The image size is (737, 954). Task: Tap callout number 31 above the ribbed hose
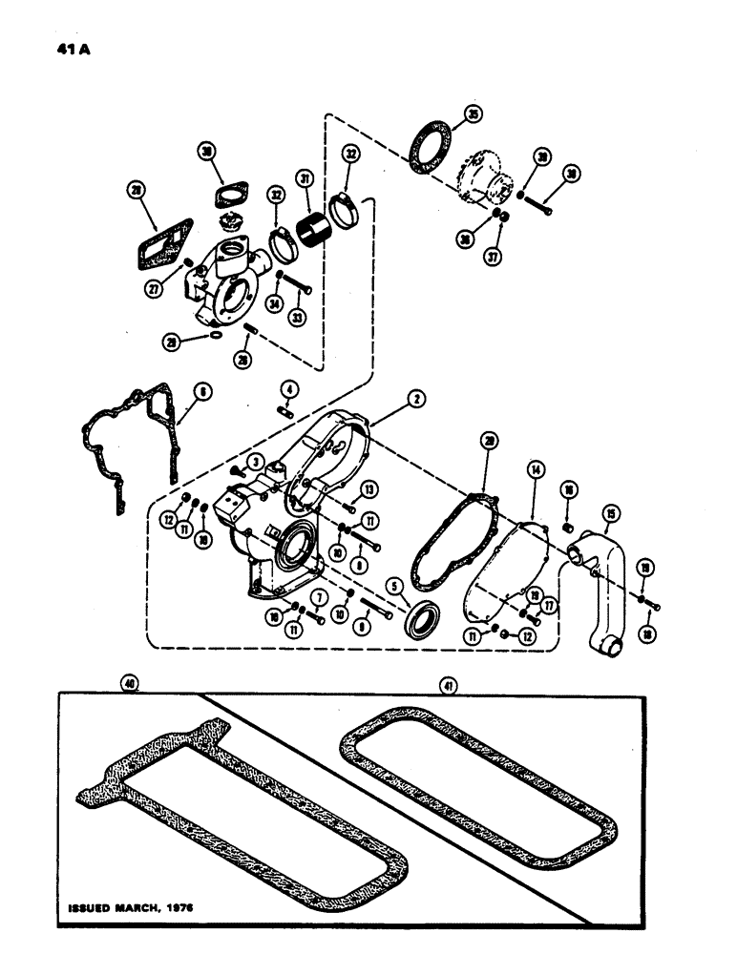click(x=306, y=178)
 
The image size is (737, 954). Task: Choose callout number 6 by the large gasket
click(x=203, y=390)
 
